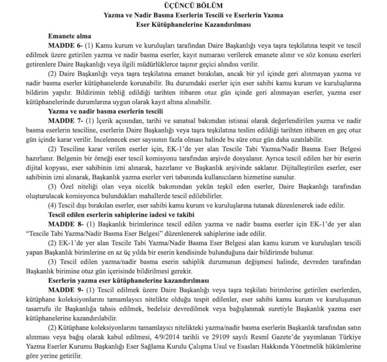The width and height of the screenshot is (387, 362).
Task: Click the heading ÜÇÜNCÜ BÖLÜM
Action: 193,6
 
